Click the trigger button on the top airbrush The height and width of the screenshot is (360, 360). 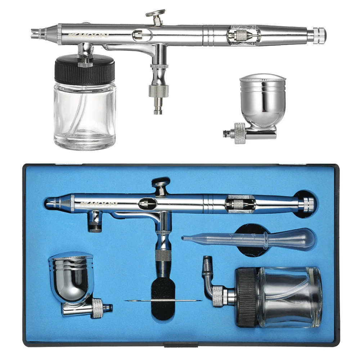coord(156,14)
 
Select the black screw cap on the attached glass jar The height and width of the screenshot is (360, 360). coord(85,71)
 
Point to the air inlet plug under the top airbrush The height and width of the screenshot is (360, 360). coord(158,107)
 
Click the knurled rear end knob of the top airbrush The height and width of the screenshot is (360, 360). coord(319,35)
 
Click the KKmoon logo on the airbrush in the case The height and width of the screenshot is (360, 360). coord(98,204)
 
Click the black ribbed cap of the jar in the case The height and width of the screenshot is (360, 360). coord(246,297)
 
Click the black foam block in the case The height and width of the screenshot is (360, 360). coord(163,288)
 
